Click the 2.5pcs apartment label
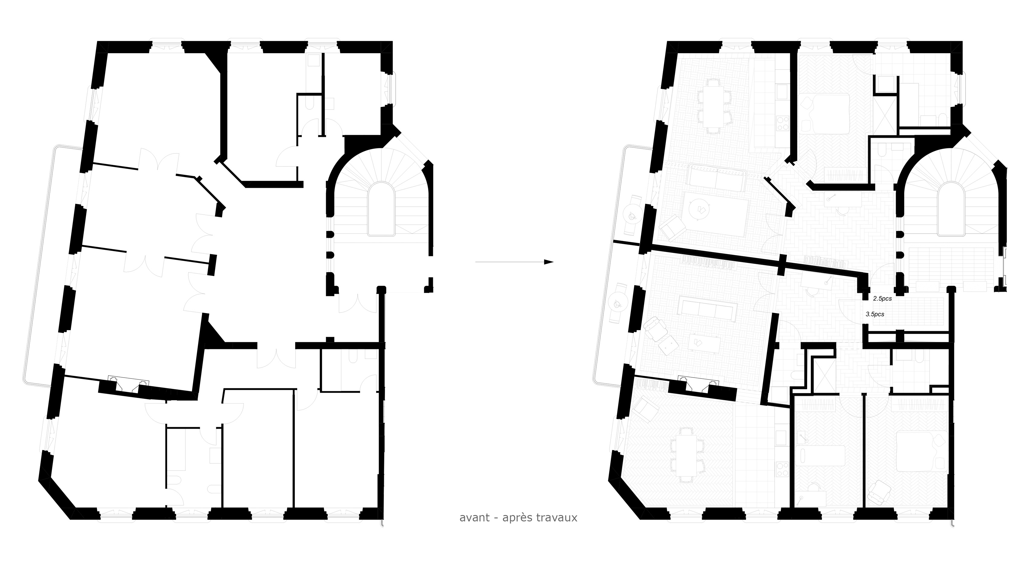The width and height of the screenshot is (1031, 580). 882,298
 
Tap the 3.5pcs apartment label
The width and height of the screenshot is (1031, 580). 875,314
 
